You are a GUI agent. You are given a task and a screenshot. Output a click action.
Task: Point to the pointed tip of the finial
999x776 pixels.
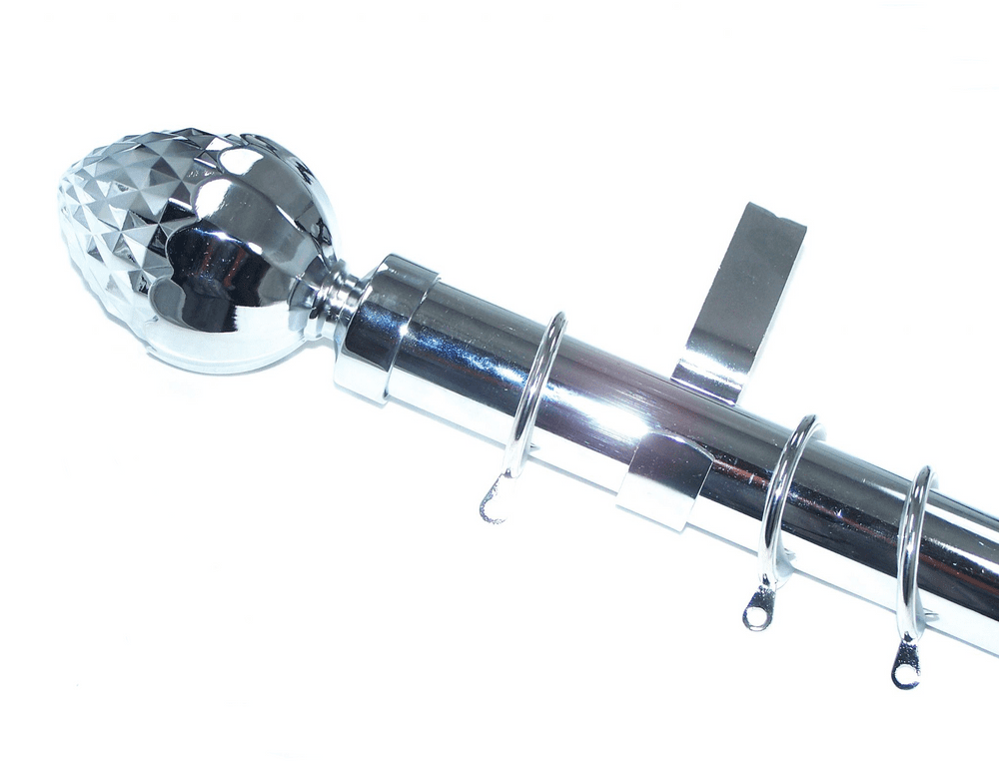point(67,195)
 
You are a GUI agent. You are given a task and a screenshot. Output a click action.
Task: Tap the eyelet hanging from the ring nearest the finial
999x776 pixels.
point(492,507)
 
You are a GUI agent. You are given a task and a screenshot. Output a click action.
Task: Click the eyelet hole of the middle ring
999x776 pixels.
point(758,617)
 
